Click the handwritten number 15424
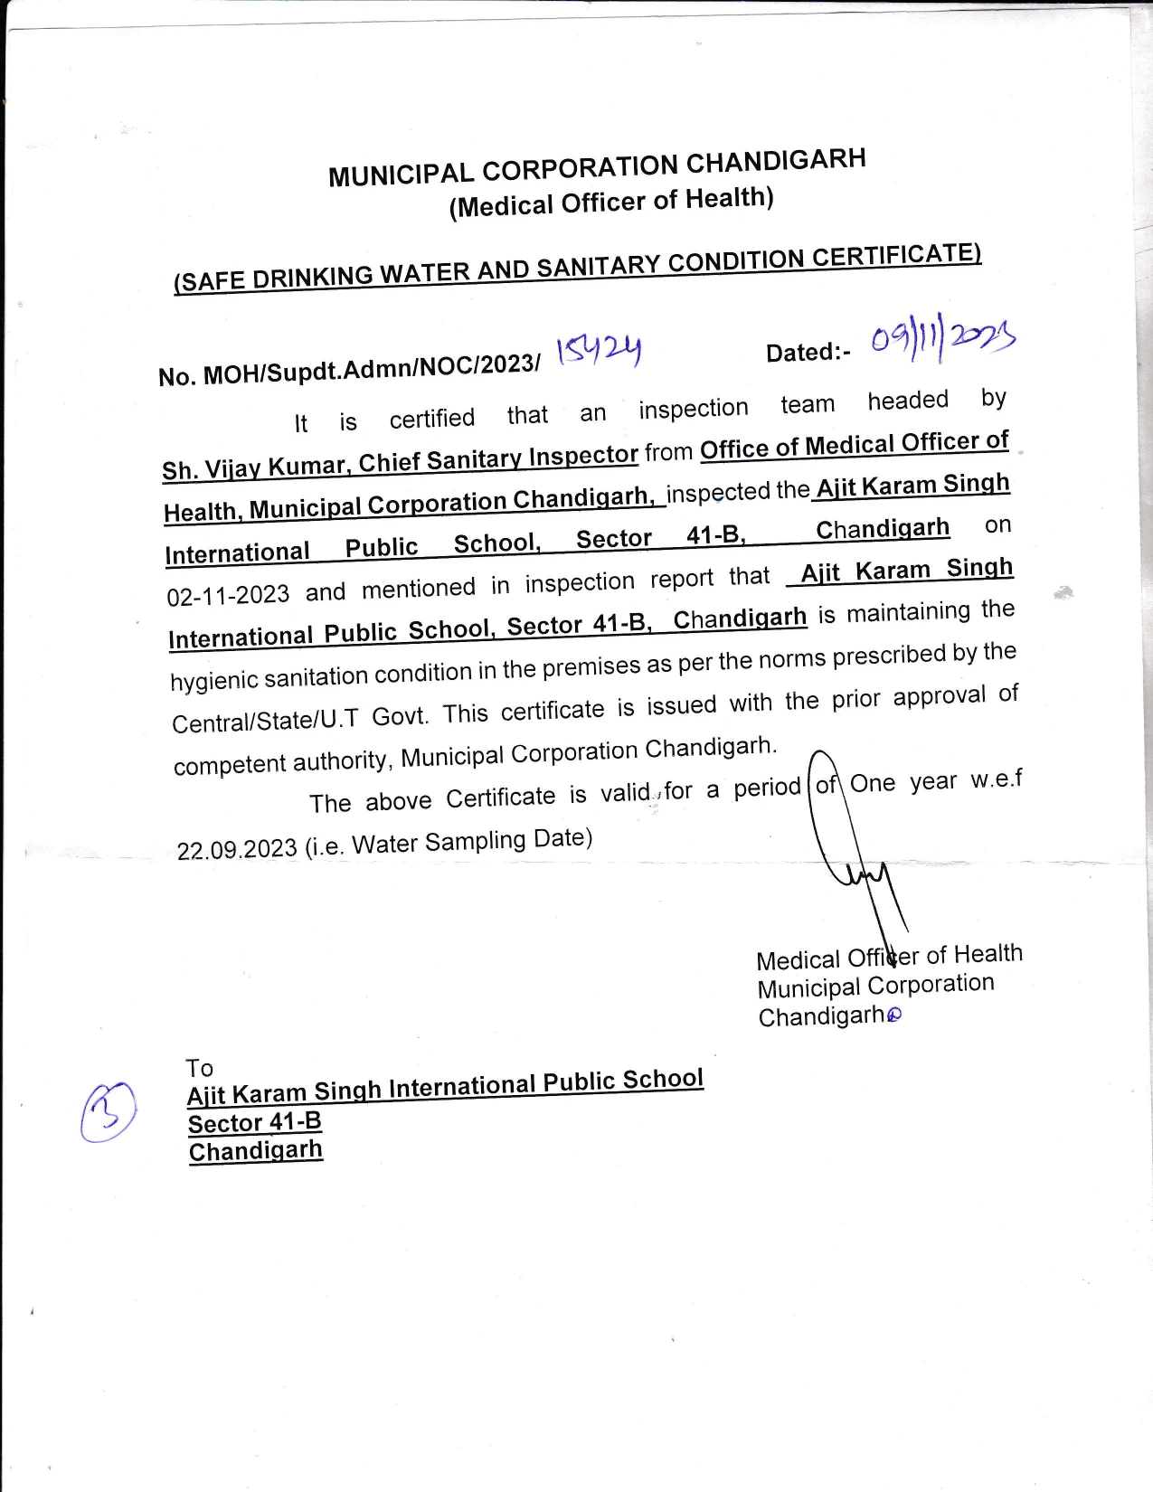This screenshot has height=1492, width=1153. (599, 349)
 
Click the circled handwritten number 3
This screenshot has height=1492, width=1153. (109, 1111)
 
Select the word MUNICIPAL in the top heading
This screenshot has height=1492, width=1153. (401, 173)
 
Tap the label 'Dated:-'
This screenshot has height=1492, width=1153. (808, 352)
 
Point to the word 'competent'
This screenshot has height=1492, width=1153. (231, 764)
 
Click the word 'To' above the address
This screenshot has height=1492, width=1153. (199, 1068)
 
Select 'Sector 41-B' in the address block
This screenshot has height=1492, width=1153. (254, 1123)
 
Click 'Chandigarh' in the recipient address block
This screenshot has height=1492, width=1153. (255, 1151)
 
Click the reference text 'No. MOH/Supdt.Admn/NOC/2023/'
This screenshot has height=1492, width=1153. (349, 369)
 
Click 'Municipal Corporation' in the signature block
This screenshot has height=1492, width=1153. (875, 986)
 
